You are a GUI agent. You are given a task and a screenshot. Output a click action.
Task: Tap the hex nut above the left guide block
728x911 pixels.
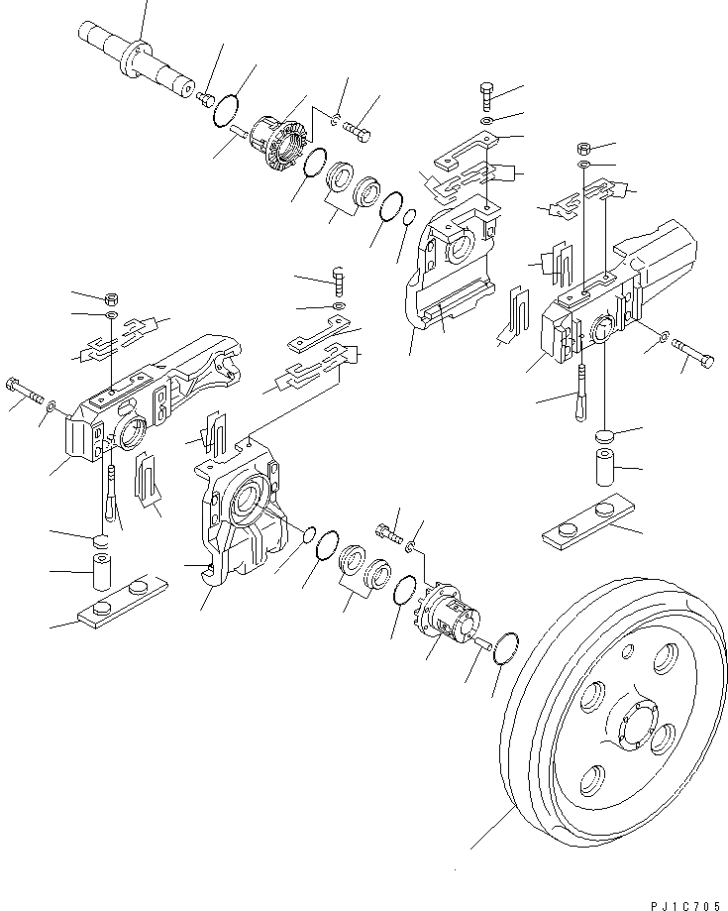(111, 297)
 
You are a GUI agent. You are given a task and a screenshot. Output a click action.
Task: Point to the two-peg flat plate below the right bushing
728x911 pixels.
(591, 520)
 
